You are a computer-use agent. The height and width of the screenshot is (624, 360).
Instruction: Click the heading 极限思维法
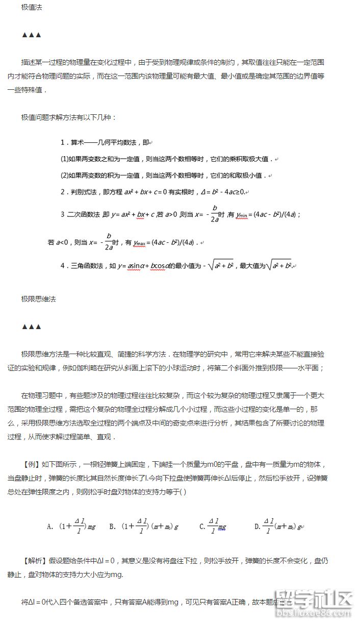39,299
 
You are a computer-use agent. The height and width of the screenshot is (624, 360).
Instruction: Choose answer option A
71,526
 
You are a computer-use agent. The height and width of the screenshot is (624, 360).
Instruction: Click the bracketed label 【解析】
35,561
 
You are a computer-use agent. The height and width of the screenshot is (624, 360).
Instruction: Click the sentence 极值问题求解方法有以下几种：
69,118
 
